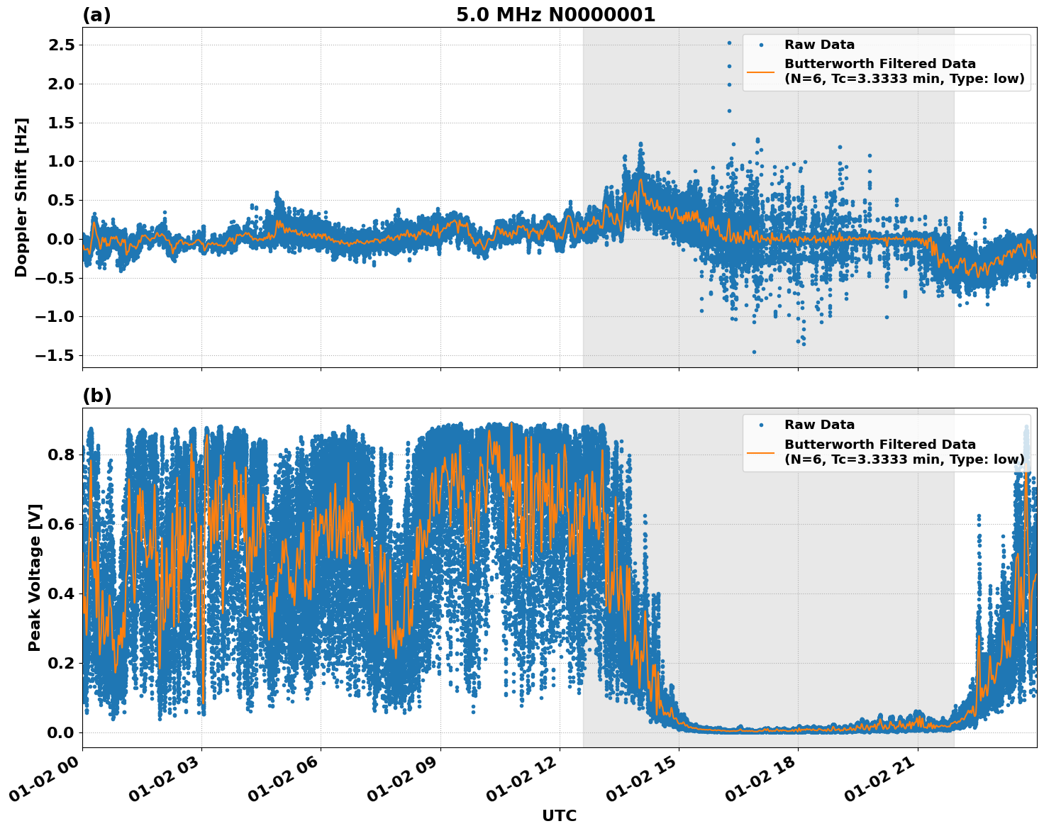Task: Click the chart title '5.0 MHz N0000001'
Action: (555, 15)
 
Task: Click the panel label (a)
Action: (96, 15)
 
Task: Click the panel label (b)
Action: (96, 396)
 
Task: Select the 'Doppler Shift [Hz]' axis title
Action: (21, 197)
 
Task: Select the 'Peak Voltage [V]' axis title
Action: (35, 577)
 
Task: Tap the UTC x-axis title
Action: (559, 815)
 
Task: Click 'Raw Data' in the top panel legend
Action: (819, 45)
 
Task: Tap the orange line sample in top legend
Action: (761, 72)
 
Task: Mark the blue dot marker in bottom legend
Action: (761, 425)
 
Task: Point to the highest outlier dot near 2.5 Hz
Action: (729, 43)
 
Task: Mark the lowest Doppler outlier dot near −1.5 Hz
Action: (754, 352)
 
